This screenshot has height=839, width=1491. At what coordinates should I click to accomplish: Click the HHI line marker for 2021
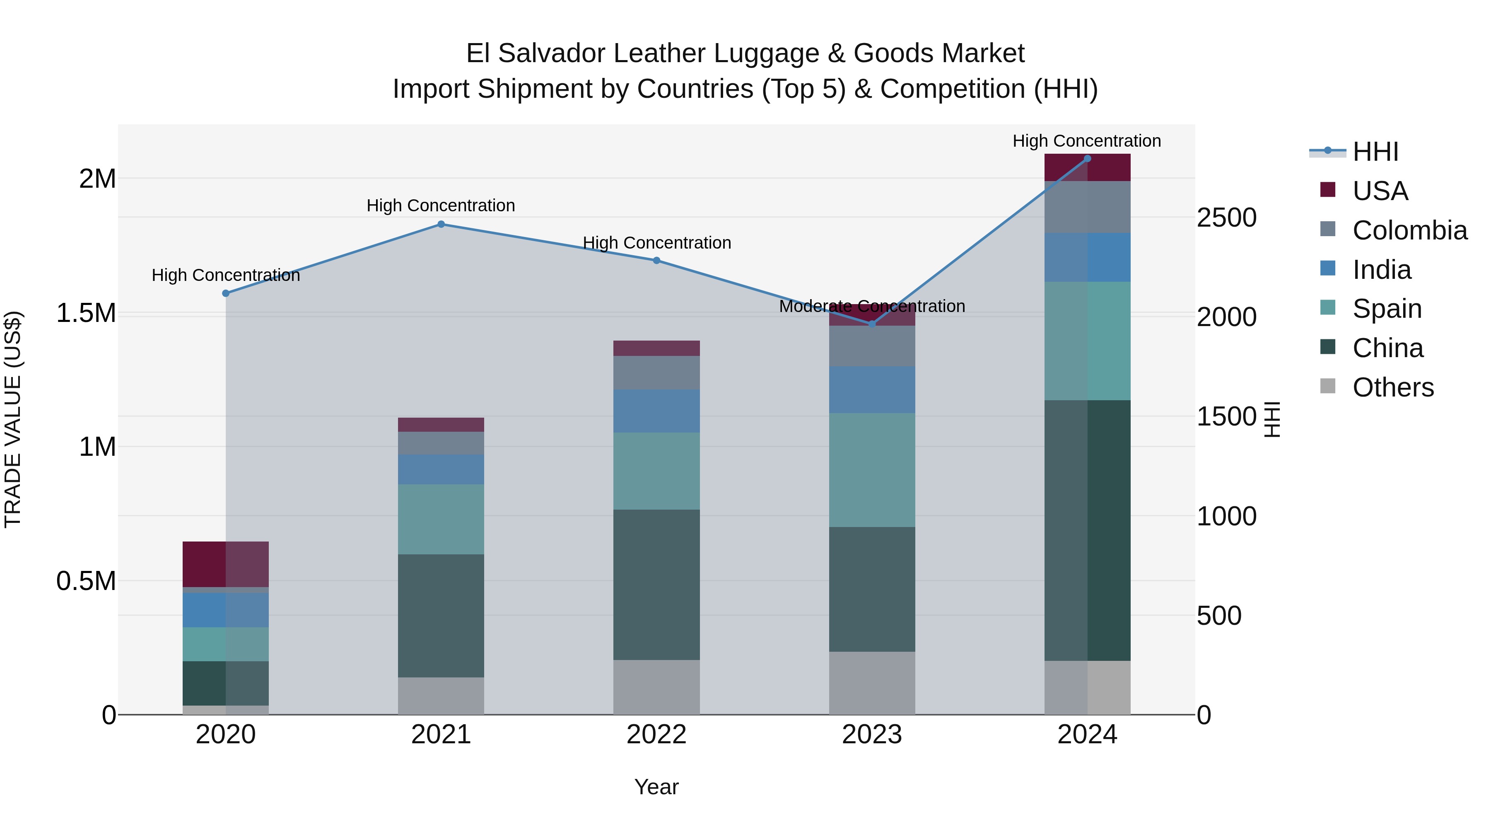(x=441, y=224)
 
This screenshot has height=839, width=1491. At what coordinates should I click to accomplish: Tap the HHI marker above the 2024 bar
(x=1087, y=159)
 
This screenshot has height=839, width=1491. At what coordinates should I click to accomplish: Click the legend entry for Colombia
(x=1409, y=230)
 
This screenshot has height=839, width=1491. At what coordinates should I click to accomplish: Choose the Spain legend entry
(x=1387, y=309)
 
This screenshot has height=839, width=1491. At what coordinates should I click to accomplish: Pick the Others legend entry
(x=1392, y=387)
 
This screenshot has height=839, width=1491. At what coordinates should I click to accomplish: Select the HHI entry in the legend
(x=1375, y=152)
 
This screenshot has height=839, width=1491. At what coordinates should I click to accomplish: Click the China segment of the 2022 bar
(x=656, y=585)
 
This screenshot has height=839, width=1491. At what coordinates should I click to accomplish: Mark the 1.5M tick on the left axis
(x=86, y=313)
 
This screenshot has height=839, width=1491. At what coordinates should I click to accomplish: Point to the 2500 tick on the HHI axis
(x=1226, y=218)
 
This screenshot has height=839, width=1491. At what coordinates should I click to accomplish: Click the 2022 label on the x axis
(x=656, y=735)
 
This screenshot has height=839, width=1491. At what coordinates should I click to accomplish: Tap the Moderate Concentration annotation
(x=872, y=306)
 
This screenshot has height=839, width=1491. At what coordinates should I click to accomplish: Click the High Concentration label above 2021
(x=441, y=206)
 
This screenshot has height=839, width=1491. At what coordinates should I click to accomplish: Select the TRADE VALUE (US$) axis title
(x=13, y=419)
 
